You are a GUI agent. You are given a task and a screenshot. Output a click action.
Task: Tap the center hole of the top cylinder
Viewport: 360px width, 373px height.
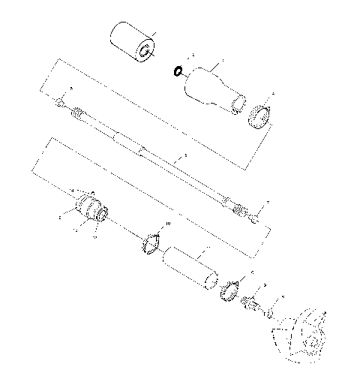[142, 53]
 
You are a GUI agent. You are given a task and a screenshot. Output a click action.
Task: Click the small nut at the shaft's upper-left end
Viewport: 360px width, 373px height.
[60, 101]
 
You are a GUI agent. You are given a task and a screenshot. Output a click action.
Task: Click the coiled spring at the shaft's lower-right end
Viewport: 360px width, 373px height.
[238, 208]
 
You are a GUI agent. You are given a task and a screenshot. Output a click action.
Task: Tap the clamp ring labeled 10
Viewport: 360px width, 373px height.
[151, 243]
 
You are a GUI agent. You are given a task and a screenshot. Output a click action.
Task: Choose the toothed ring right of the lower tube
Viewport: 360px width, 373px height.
[230, 289]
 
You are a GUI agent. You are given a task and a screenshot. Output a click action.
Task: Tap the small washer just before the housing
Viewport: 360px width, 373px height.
[268, 312]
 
